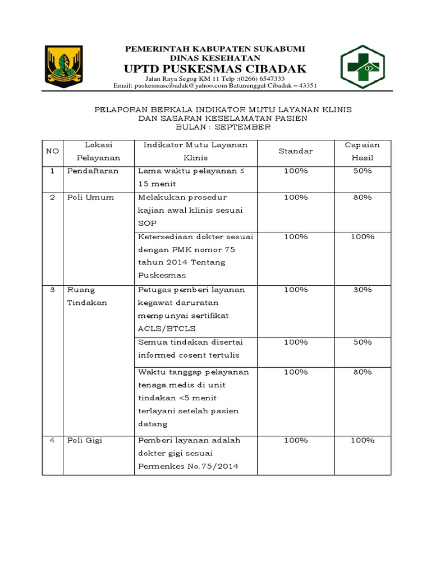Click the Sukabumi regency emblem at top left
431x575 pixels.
tap(64, 67)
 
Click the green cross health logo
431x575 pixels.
tap(363, 67)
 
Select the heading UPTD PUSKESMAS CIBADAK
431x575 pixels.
tap(215, 69)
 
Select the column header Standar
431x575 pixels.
tap(295, 152)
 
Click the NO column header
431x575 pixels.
tap(52, 152)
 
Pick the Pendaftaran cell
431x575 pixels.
tap(93, 171)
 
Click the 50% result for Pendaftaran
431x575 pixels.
tap(362, 171)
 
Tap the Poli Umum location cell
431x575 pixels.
tap(90, 197)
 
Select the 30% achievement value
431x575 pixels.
tap(362, 290)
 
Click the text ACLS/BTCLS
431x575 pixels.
tap(167, 328)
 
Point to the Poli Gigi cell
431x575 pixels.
tap(85, 440)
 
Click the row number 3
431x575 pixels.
tap(52, 290)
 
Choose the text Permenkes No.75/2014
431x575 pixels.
tap(188, 467)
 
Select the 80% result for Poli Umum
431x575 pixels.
tap(362, 197)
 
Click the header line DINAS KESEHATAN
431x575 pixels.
tap(215, 58)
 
